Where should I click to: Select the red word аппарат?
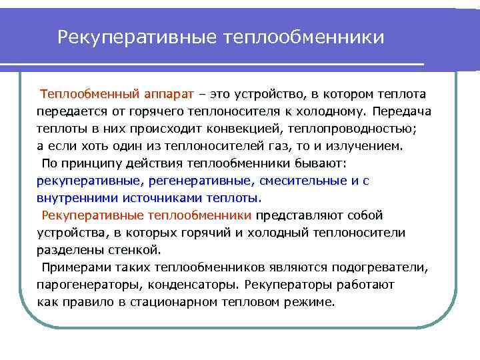coord(168,93)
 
